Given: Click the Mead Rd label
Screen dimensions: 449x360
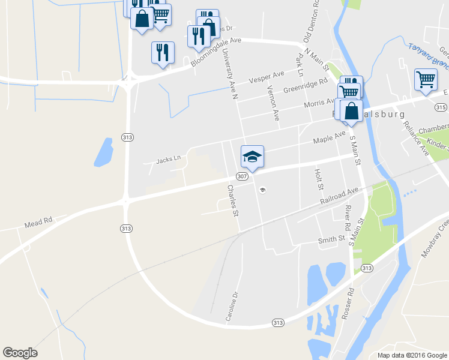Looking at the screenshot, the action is click(39, 224).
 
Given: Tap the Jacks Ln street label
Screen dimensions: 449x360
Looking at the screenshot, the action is click(168, 160).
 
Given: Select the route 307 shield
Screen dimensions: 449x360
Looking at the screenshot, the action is click(242, 176).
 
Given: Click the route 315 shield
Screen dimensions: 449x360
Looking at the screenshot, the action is click(441, 107).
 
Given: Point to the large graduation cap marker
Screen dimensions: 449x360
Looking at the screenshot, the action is click(252, 157).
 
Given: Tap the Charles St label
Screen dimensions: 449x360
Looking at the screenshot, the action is click(233, 200).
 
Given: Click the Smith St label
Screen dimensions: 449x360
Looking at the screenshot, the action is click(331, 239).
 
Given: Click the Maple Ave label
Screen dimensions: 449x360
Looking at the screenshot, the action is click(330, 137).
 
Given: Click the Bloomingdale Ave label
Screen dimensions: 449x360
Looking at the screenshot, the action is click(215, 52).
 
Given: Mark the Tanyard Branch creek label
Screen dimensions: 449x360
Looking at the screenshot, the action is click(429, 55).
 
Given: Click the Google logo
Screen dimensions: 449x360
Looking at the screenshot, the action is click(20, 353).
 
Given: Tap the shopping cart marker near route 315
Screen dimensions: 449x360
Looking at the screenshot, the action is click(426, 80).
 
